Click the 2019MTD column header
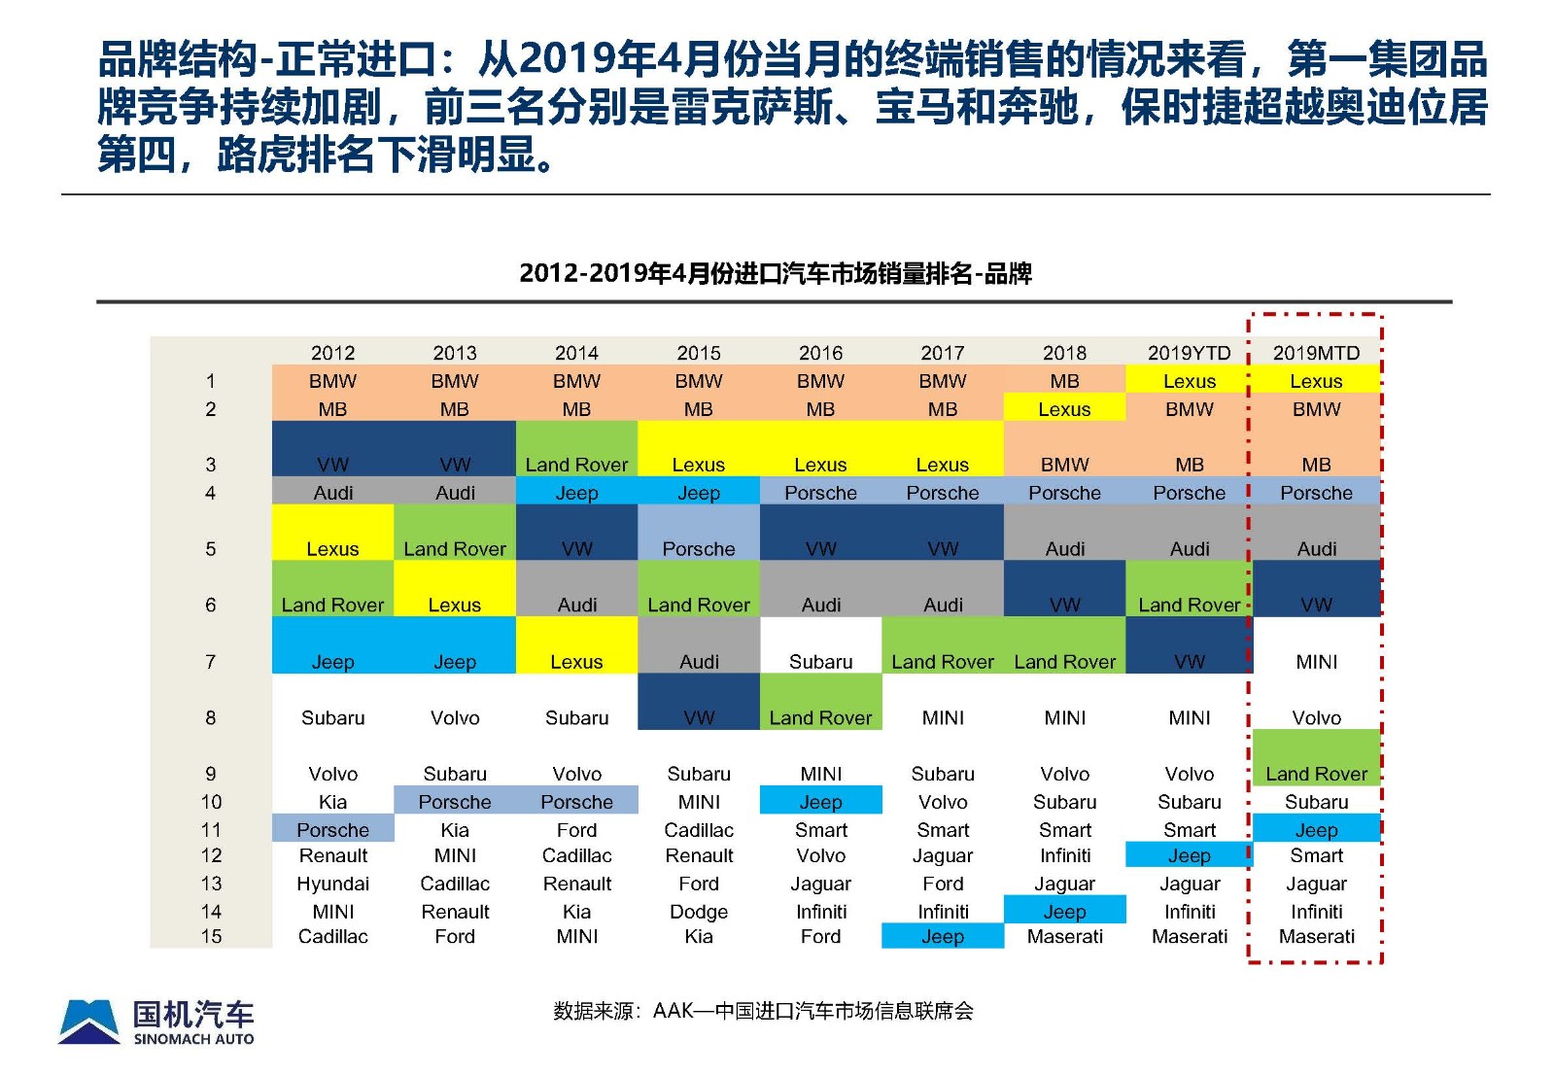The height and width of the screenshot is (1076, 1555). (x=1316, y=353)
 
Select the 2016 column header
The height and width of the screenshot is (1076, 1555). (x=820, y=353)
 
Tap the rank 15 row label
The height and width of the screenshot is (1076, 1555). (x=211, y=936)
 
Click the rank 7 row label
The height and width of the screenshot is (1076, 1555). (x=211, y=662)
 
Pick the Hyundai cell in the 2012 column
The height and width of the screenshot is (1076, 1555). (x=332, y=884)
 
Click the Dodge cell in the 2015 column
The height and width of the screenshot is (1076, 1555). (x=699, y=912)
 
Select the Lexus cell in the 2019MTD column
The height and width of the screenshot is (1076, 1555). (x=1316, y=381)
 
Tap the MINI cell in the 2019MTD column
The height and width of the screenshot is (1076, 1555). (x=1316, y=662)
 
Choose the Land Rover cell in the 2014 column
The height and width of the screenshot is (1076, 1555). (x=576, y=465)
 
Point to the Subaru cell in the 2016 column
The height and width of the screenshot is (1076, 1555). (x=820, y=662)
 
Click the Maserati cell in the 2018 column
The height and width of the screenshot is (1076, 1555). (x=1064, y=936)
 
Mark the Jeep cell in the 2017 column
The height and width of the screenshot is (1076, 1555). (x=943, y=936)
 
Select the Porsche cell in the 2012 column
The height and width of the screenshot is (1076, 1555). (x=332, y=830)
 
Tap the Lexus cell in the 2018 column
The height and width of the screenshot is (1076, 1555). (x=1064, y=409)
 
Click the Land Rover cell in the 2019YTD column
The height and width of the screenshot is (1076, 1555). (x=1189, y=605)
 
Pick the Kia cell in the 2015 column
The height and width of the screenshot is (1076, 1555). (x=699, y=936)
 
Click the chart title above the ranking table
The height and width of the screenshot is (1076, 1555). (x=775, y=274)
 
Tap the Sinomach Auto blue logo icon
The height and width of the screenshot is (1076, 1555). (x=89, y=1022)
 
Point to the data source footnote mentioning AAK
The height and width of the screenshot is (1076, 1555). (x=763, y=1011)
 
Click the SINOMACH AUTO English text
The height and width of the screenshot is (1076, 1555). (x=193, y=1039)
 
